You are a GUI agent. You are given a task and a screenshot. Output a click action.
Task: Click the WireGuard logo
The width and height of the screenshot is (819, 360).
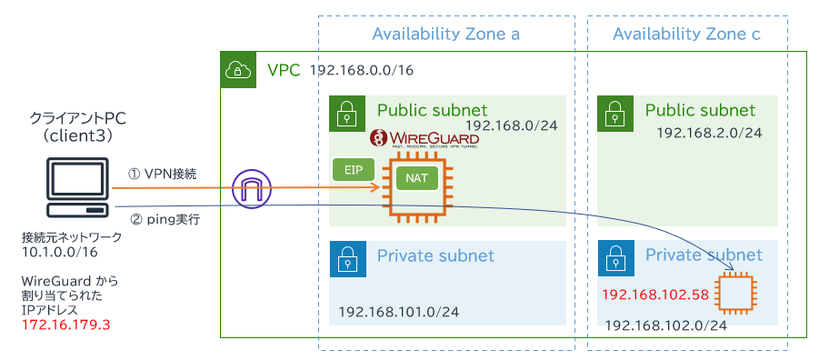pyautogui.click(x=424, y=139)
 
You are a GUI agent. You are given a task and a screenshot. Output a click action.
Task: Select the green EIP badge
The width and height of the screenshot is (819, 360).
pyautogui.click(x=354, y=169)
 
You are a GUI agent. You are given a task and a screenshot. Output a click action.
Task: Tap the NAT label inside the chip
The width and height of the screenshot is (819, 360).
pyautogui.click(x=415, y=178)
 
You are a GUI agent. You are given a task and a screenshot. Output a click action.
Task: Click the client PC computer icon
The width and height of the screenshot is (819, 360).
pyautogui.click(x=77, y=188)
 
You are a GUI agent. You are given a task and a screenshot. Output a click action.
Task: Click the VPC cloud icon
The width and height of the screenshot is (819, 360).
pyautogui.click(x=238, y=69)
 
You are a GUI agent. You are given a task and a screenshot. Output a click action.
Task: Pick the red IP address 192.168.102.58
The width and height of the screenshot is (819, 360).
pyautogui.click(x=655, y=295)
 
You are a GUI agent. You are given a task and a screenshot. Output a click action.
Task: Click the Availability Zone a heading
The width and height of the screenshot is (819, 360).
pyautogui.click(x=445, y=35)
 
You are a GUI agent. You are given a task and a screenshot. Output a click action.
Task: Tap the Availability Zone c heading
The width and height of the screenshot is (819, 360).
pyautogui.click(x=686, y=35)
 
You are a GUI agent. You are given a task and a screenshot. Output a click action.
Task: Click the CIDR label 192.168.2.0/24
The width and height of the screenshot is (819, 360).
pyautogui.click(x=709, y=133)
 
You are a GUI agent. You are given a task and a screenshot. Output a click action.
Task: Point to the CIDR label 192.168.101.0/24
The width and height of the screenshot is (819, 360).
pyautogui.click(x=399, y=312)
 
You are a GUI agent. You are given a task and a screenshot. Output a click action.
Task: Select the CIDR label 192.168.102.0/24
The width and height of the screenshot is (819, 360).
pyautogui.click(x=665, y=325)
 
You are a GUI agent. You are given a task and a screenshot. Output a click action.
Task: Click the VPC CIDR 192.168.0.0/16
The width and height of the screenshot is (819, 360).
pyautogui.click(x=362, y=70)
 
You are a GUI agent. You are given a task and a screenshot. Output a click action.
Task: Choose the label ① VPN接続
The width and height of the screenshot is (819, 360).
pyautogui.click(x=163, y=175)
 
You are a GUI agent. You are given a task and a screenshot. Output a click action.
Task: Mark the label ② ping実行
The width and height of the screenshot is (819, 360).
pyautogui.click(x=165, y=220)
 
